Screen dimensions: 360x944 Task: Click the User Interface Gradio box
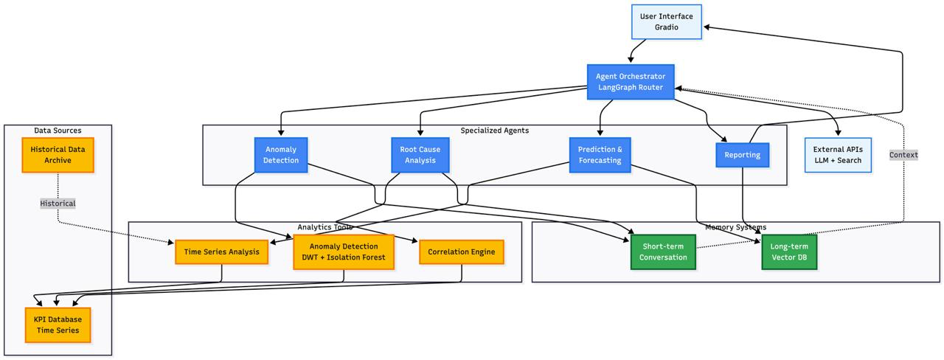tap(666, 21)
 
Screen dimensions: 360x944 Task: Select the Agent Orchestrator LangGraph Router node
tap(631, 82)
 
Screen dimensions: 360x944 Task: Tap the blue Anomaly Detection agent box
tap(281, 155)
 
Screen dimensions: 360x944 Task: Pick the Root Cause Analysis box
tap(420, 155)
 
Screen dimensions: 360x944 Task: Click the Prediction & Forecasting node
tap(600, 155)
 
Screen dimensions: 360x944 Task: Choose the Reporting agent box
tap(742, 155)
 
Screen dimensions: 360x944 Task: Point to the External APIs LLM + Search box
tap(837, 155)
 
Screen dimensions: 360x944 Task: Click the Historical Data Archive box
tap(58, 155)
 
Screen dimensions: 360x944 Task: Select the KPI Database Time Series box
tap(58, 325)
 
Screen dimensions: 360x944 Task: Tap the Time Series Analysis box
tap(221, 252)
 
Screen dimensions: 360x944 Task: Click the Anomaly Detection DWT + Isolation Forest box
tap(344, 252)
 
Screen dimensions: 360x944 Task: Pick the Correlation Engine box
tap(462, 252)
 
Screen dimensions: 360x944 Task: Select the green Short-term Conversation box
tap(663, 252)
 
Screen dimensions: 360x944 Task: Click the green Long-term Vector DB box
tap(789, 252)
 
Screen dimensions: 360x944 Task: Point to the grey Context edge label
tap(903, 155)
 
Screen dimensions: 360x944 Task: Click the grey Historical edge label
tap(58, 203)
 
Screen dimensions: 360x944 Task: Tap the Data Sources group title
tap(58, 131)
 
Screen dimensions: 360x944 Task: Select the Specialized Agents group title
tap(494, 131)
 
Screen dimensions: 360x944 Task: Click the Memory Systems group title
tap(735, 227)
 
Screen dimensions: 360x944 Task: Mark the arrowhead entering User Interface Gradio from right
tap(707, 27)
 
